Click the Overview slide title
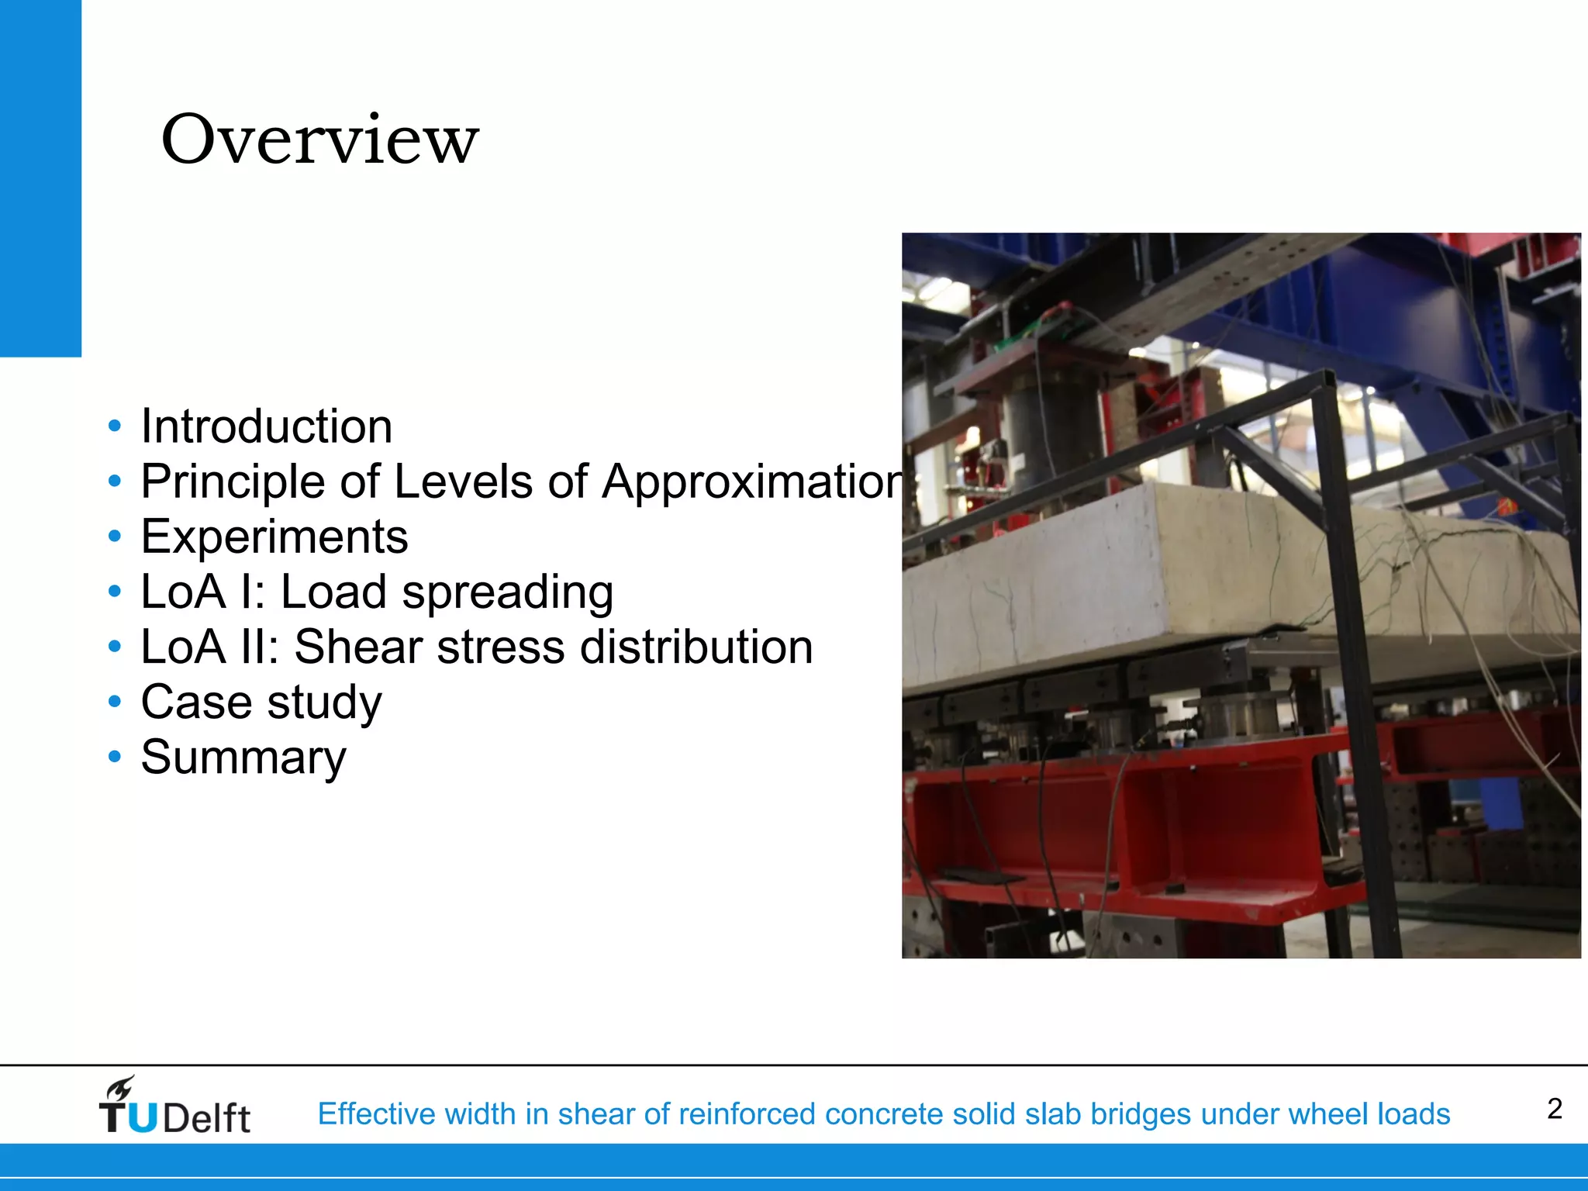tap(319, 140)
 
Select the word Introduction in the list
tap(266, 426)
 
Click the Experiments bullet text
tap(274, 537)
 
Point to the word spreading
tap(507, 592)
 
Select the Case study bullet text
tap(261, 703)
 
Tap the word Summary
tap(243, 757)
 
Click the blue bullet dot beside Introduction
tap(115, 426)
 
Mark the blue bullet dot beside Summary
tap(115, 757)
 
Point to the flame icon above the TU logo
tap(121, 1089)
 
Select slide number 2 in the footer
tap(1554, 1109)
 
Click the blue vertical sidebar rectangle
tap(40, 178)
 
